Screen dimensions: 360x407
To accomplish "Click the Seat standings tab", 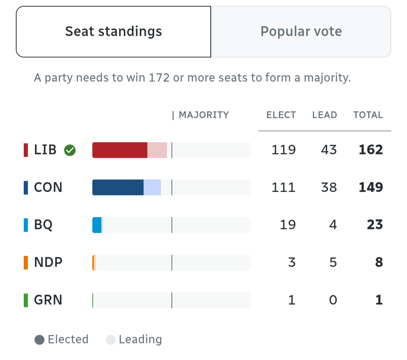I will pos(113,32).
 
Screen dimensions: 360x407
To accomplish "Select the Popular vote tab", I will pos(301,32).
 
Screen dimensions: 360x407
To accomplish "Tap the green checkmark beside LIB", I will pos(70,150).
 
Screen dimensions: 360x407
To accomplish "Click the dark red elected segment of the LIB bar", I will pos(120,150).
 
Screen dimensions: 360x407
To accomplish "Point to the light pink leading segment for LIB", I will pos(157,150).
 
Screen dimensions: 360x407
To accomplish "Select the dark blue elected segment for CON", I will pos(118,188).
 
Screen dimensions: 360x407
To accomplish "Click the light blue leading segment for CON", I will pos(152,188).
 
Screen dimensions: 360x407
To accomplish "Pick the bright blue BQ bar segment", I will pos(97,225).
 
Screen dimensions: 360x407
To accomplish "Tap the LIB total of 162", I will pos(371,150).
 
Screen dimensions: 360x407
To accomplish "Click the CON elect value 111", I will pos(284,188).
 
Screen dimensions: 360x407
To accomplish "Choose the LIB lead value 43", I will pos(329,150).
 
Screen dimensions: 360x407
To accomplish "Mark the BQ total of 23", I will pos(375,225).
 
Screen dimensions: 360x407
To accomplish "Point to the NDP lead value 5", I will pos(333,262).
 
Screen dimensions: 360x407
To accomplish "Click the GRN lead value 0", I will pos(333,300).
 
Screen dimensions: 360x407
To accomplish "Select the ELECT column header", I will pos(281,115).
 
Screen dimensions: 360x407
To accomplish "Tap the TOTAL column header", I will pos(368,115).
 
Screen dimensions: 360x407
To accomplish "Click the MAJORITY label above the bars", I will pos(203,115).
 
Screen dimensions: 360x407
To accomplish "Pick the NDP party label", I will pos(48,262).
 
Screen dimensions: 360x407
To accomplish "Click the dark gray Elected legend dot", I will pos(40,340).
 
